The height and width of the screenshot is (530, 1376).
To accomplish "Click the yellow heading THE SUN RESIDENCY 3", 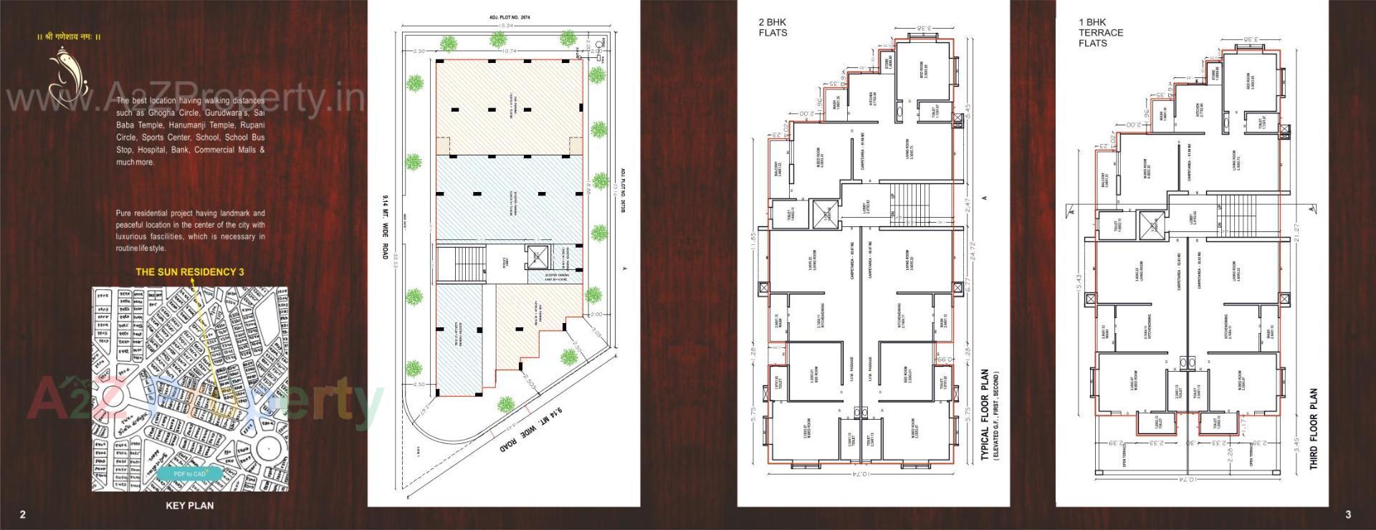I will click(190, 272).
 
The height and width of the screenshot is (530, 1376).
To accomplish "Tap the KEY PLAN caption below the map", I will click(189, 505).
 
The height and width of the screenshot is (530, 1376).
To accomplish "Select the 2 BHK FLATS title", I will click(773, 27).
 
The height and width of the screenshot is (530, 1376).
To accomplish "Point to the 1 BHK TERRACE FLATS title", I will click(1100, 33).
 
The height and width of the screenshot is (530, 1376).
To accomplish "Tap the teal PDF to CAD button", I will click(190, 473).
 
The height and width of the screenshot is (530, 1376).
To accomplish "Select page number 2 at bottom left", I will click(23, 514).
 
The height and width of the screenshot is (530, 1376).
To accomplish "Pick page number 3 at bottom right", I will click(1348, 514).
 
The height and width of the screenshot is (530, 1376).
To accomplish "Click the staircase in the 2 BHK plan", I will click(912, 204).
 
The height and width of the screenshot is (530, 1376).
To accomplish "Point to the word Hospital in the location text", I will click(151, 150).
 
